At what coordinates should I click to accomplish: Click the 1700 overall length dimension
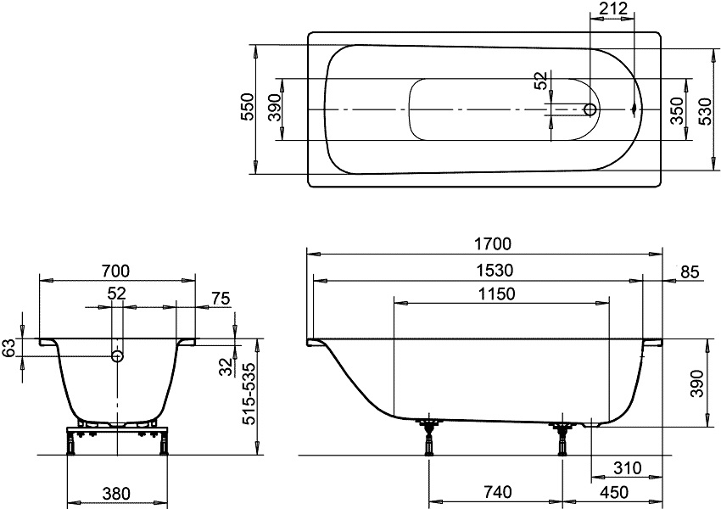point(493,243)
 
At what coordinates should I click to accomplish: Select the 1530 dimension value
point(495,270)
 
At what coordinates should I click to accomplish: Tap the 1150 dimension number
point(496,294)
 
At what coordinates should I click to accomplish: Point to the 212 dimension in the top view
point(613,8)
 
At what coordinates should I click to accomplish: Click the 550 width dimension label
point(248,107)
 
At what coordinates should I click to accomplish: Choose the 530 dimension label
point(705,111)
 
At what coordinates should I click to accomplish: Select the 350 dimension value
point(677,111)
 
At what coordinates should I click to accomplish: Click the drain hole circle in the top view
point(590,109)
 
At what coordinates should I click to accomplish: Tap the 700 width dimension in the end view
point(115,271)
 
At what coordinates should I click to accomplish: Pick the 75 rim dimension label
point(221,299)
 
